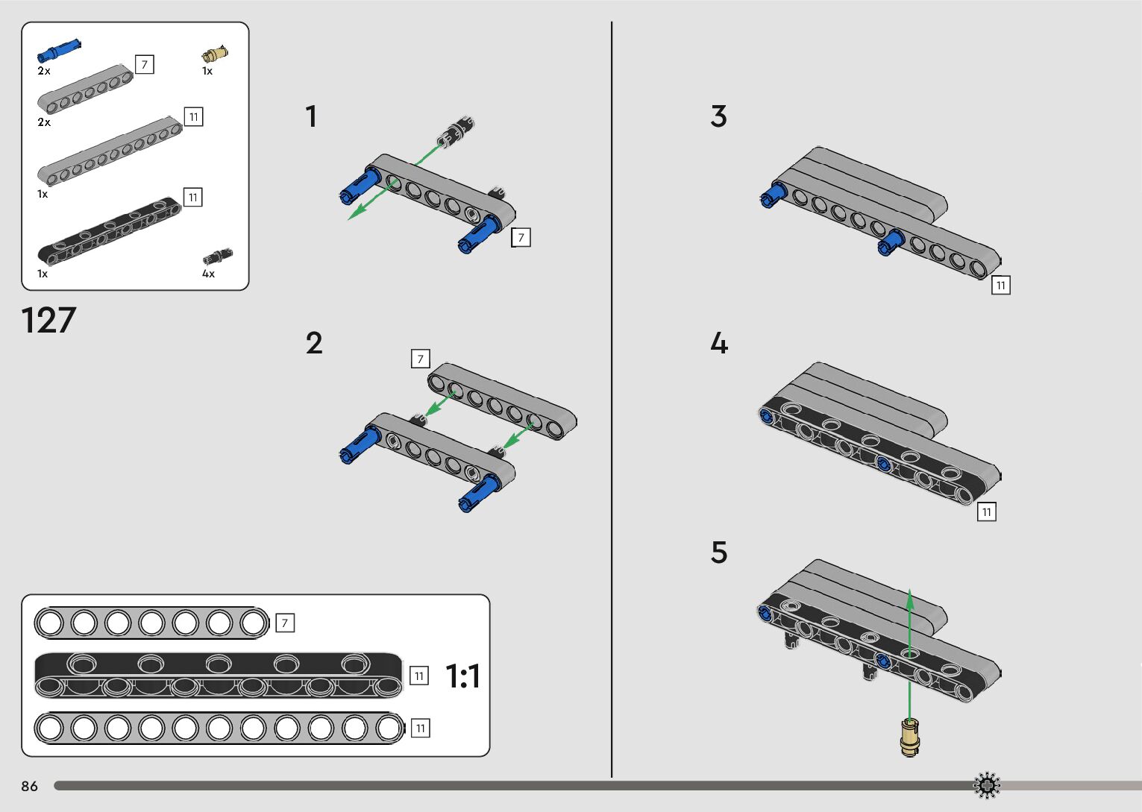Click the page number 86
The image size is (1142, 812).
click(29, 786)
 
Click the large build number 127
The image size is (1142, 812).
click(48, 321)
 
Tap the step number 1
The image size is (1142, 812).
click(311, 116)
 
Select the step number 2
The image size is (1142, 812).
click(314, 343)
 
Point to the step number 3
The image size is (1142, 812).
click(718, 116)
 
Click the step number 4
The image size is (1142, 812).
click(718, 343)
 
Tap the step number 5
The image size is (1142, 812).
click(718, 553)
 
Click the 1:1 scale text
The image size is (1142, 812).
click(462, 676)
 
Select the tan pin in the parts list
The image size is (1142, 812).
click(215, 54)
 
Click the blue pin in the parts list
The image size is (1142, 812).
click(59, 50)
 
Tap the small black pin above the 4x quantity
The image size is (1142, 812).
click(217, 257)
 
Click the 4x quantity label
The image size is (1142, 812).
click(208, 274)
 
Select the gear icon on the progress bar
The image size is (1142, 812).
click(987, 785)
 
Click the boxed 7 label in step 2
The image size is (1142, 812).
click(421, 359)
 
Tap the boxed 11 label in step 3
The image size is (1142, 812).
click(1001, 285)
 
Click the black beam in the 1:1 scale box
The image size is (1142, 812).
click(218, 676)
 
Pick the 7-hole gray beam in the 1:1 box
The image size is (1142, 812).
click(151, 623)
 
